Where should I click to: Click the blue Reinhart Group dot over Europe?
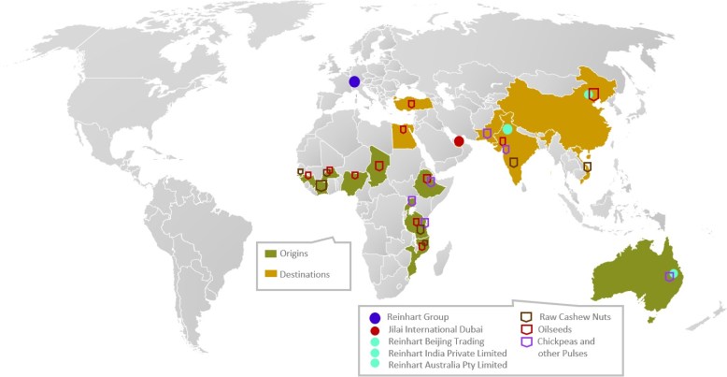(x=354, y=81)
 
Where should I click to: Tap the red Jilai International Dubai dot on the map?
(x=459, y=141)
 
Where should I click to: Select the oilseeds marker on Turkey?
(x=411, y=104)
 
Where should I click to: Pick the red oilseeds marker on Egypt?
(x=403, y=130)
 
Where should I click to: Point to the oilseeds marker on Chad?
(x=378, y=166)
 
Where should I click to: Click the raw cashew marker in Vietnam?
(x=587, y=167)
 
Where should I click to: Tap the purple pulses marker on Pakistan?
(x=487, y=133)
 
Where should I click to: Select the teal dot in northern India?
(x=507, y=129)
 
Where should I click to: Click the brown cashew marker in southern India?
(x=513, y=162)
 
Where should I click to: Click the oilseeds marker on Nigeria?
(x=355, y=175)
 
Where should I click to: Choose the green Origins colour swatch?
(x=271, y=254)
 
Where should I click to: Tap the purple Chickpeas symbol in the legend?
(x=527, y=341)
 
